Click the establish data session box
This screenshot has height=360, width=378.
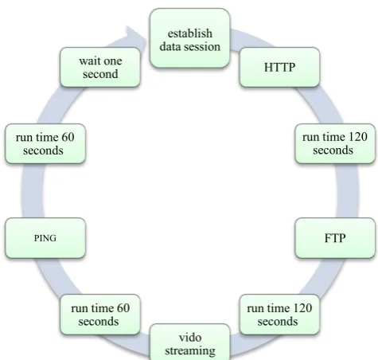click(189, 38)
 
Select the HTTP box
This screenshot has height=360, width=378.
click(279, 67)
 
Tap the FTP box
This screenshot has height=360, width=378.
click(335, 238)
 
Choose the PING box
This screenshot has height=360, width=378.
click(45, 238)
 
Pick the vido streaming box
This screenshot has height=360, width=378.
click(190, 342)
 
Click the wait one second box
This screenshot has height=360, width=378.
click(100, 67)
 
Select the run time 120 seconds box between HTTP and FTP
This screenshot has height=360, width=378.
click(335, 143)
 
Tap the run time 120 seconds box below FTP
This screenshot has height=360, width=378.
click(279, 315)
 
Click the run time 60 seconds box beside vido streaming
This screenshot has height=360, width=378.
click(100, 315)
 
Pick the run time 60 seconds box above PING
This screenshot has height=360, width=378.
click(45, 143)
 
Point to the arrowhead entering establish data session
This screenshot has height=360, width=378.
click(137, 36)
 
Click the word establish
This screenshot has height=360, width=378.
click(190, 33)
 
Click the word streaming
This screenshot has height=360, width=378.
click(190, 350)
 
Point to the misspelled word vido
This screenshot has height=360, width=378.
click(190, 338)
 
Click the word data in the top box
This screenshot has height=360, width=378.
click(170, 46)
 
